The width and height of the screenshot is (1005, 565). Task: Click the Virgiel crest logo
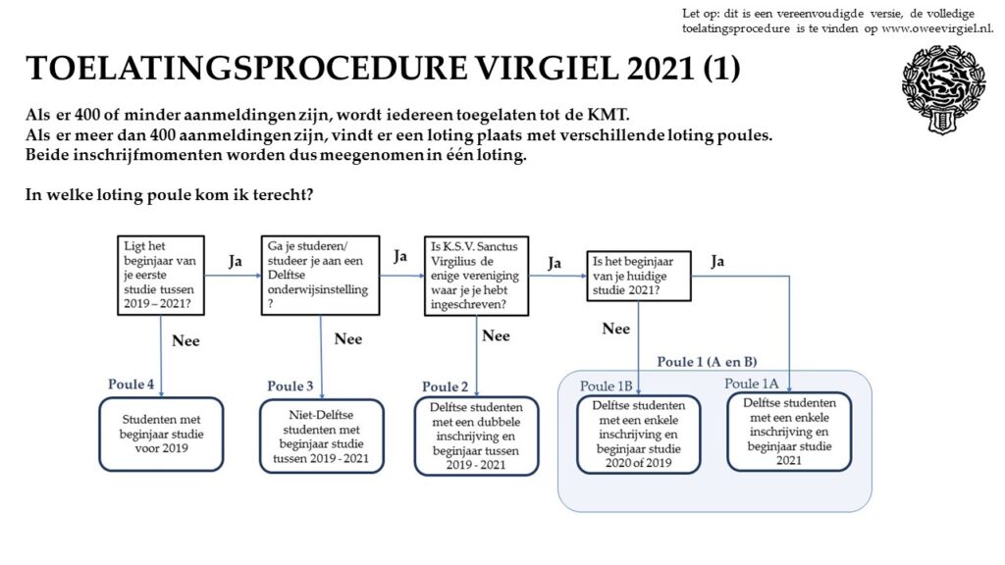coord(943,89)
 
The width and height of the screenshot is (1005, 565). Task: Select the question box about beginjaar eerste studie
coord(161,276)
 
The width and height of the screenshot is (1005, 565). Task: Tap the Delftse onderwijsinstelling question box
coord(321,276)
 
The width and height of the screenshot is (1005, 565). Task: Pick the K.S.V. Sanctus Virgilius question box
coord(476,276)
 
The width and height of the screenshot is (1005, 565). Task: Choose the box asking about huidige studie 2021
coord(639,276)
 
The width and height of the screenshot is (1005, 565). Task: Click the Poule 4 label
coord(131,385)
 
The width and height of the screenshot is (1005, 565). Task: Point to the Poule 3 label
coord(291,386)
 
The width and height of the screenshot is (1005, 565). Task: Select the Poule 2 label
coord(445,386)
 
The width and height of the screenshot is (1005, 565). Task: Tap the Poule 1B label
coord(606,386)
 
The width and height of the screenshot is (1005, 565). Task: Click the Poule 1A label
coord(751,384)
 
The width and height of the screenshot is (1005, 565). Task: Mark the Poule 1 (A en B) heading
coord(707,362)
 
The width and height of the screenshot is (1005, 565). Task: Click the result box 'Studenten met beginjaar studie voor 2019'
coord(162,435)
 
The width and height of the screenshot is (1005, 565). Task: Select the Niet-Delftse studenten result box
coord(322,437)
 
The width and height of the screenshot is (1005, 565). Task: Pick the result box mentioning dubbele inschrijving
coord(476,436)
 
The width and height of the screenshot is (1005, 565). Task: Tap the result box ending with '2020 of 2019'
coord(638,435)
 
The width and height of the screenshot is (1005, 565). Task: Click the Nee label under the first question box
coord(185,340)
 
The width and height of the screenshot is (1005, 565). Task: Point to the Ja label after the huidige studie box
coord(717,261)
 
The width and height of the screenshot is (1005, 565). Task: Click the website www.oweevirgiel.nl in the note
coord(937,28)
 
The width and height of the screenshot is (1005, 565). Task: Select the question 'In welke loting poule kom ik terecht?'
coord(169,195)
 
